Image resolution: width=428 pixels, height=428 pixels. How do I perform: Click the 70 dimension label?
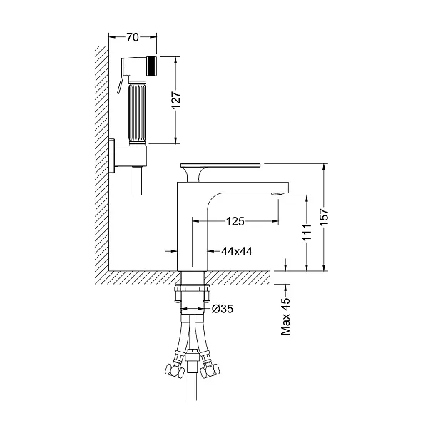pos(133,37)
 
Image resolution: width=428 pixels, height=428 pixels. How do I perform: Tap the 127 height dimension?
pos(176,100)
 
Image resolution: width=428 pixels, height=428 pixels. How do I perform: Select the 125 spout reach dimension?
pos(235,221)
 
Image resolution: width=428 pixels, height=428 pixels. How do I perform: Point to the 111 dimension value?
pos(307,233)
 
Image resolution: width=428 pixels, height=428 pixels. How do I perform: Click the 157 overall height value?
pos(324,217)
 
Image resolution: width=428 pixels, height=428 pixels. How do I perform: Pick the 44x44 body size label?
pos(237,251)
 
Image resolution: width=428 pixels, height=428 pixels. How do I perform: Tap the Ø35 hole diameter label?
pos(223,309)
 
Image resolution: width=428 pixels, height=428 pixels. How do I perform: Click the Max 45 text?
pos(286,316)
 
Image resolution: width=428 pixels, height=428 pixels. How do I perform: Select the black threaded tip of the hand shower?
pos(152,66)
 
